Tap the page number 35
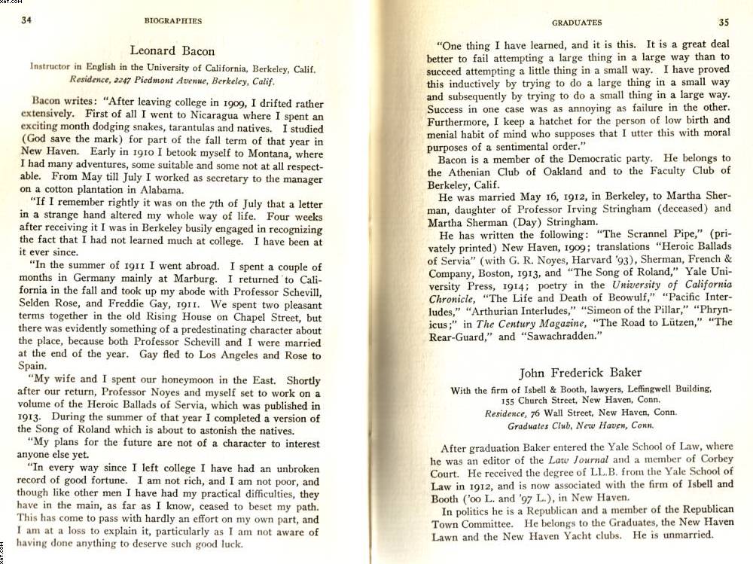(724, 22)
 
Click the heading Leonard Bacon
(172, 51)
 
